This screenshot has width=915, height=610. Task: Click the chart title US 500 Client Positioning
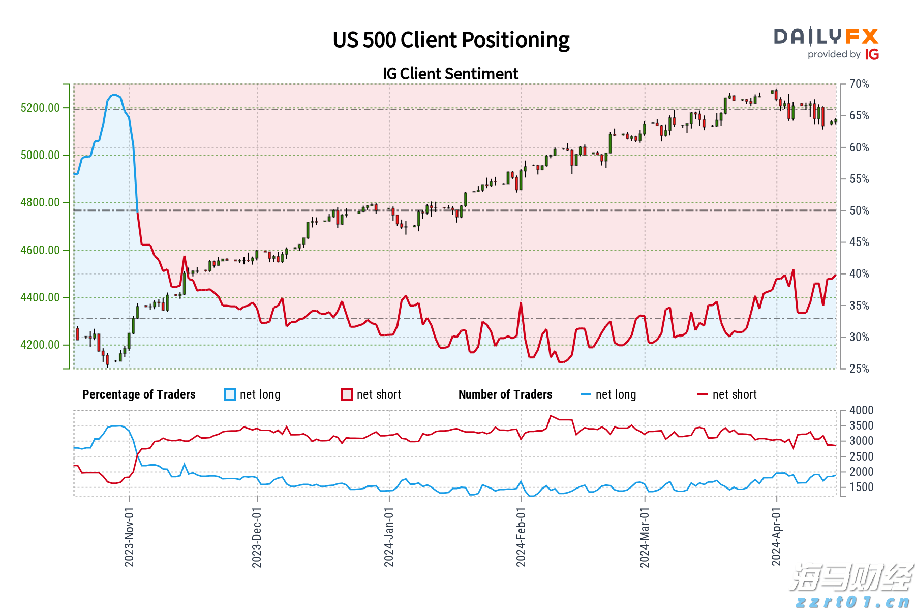pyautogui.click(x=451, y=40)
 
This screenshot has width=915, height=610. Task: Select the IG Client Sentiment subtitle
pyautogui.click(x=450, y=74)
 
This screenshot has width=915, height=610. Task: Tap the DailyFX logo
pyautogui.click(x=826, y=37)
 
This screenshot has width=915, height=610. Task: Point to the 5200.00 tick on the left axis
pyautogui.click(x=40, y=108)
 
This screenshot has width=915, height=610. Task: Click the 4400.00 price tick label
pyautogui.click(x=40, y=297)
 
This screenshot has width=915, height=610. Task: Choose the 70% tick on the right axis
pyautogui.click(x=859, y=84)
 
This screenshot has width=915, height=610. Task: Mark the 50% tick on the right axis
pyautogui.click(x=859, y=210)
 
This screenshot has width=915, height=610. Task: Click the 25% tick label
pyautogui.click(x=859, y=369)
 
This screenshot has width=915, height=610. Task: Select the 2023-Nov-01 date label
pyautogui.click(x=129, y=537)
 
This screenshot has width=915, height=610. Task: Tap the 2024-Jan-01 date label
pyautogui.click(x=389, y=537)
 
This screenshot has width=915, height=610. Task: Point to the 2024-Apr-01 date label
pyautogui.click(x=776, y=537)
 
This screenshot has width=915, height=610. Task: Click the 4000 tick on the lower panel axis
pyautogui.click(x=861, y=410)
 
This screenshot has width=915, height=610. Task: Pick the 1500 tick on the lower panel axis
pyautogui.click(x=861, y=487)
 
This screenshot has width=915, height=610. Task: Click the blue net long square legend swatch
pyautogui.click(x=230, y=394)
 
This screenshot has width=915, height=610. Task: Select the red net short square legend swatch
pyautogui.click(x=347, y=394)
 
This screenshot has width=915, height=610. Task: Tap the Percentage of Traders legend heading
pyautogui.click(x=139, y=394)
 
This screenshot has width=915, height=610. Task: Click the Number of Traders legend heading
pyautogui.click(x=505, y=394)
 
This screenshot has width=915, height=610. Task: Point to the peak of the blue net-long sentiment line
pyautogui.click(x=114, y=95)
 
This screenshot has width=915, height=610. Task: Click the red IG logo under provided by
pyautogui.click(x=872, y=54)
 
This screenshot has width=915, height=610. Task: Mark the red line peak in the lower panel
pyautogui.click(x=551, y=416)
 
